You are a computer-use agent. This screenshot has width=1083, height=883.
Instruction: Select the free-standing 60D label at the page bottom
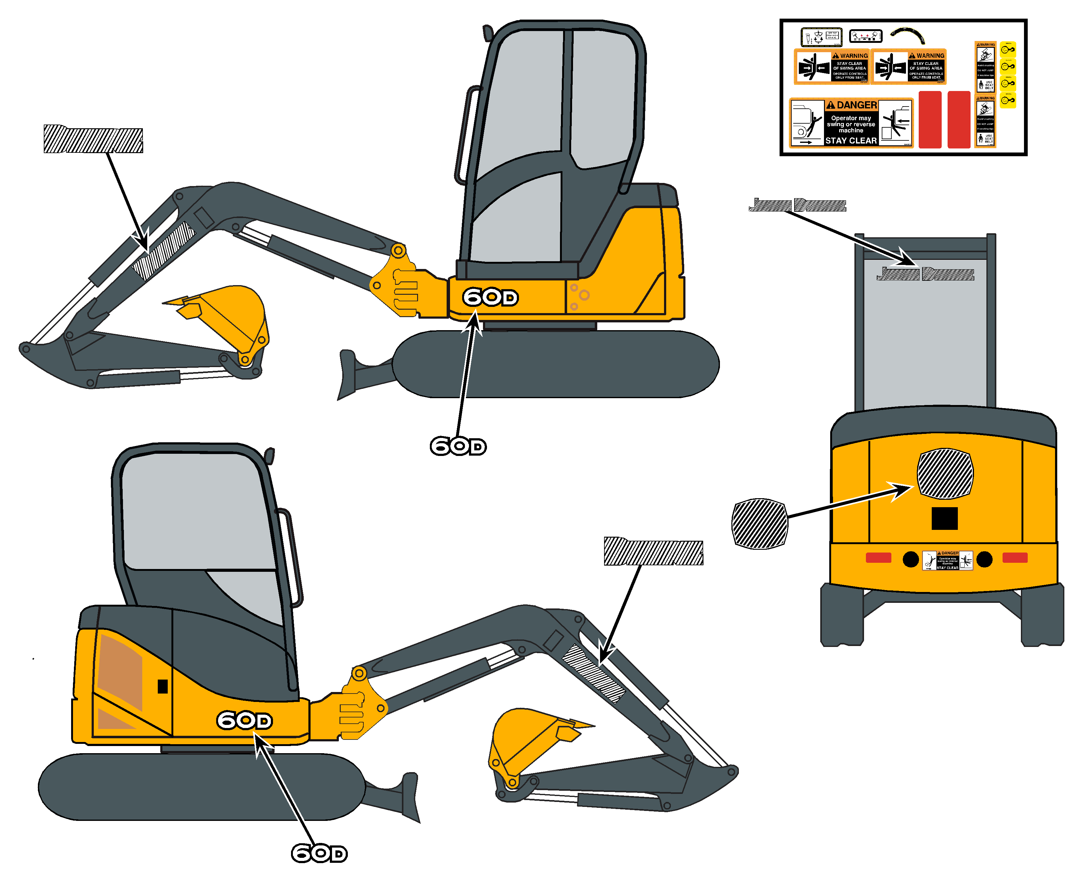pyautogui.click(x=319, y=853)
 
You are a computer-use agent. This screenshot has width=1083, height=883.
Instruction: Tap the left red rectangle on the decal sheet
pyautogui.click(x=930, y=120)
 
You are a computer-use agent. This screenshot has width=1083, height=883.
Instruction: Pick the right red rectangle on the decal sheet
pyautogui.click(x=959, y=120)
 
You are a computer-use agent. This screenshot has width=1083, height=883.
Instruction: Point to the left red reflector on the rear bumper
pyautogui.click(x=878, y=558)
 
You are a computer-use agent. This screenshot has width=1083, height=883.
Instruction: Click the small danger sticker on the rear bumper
pyautogui.click(x=947, y=560)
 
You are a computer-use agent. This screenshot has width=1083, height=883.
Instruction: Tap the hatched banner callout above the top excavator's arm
pyautogui.click(x=93, y=138)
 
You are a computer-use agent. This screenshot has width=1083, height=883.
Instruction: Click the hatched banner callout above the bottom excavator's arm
pyautogui.click(x=653, y=551)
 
